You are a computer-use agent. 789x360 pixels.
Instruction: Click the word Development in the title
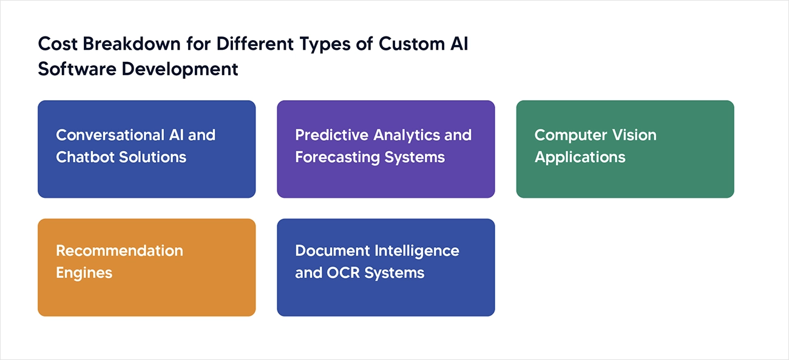(x=180, y=69)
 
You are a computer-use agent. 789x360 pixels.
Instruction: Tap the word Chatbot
(x=85, y=157)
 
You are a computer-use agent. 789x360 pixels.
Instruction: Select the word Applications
(x=580, y=157)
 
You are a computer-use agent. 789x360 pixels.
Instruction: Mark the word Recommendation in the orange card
(x=120, y=251)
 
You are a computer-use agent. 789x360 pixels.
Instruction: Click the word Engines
(x=84, y=273)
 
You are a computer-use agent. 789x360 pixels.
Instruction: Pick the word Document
(x=332, y=251)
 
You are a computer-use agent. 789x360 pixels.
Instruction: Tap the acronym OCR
(x=344, y=273)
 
